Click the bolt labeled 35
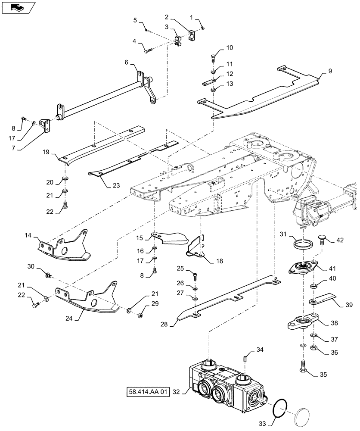(x=302, y=367)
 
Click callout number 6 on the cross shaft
(x=127, y=62)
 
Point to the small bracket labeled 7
(x=45, y=126)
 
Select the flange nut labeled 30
(x=49, y=274)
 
